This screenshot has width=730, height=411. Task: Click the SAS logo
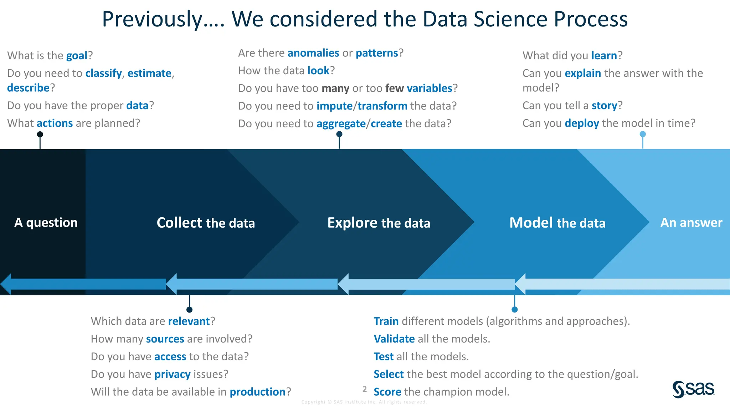click(693, 389)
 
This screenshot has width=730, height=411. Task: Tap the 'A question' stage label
click(46, 223)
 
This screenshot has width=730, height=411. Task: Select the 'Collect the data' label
click(206, 223)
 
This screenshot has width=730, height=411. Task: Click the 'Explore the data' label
click(379, 223)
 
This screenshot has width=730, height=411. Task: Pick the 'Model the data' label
click(557, 223)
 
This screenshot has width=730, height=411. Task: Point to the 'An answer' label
click(691, 223)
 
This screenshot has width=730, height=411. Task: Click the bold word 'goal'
click(77, 56)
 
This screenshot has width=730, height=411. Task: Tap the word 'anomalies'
click(313, 53)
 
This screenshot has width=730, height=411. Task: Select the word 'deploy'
click(582, 123)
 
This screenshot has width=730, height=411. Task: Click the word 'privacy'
click(173, 374)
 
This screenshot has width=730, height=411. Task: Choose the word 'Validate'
click(394, 339)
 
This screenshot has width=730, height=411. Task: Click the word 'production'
click(257, 392)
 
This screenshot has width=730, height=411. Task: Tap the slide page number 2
click(364, 389)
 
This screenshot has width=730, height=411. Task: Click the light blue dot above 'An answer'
click(643, 134)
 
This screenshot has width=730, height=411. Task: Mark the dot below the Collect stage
click(189, 310)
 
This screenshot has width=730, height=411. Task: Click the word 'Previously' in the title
click(152, 19)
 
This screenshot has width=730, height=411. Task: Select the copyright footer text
click(364, 402)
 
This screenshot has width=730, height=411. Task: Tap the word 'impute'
click(334, 106)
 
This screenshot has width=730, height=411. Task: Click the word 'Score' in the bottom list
click(387, 392)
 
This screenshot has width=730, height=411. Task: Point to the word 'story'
click(604, 106)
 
